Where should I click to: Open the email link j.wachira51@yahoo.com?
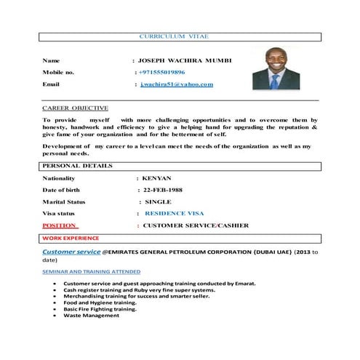[177, 84]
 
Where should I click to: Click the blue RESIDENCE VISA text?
[175, 214]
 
